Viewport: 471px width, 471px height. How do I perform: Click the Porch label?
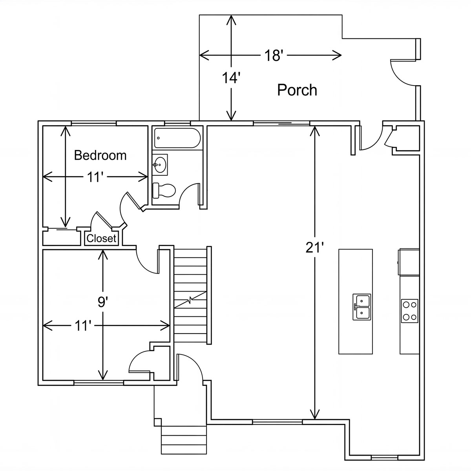pos(297,90)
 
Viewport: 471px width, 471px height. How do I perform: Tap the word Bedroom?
pos(100,155)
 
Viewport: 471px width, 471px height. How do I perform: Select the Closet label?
pos(101,238)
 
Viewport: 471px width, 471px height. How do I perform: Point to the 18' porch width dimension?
pos(274,55)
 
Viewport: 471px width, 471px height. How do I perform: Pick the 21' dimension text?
pos(314,248)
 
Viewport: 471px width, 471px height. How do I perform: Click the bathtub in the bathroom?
pos(177,138)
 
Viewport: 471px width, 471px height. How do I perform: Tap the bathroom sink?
pos(160,165)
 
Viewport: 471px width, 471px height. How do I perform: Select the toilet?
pos(164,190)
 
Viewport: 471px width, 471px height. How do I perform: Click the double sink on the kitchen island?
pos(361,307)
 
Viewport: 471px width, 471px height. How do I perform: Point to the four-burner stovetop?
pos(410,311)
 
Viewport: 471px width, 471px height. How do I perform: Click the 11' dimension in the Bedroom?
pos(94,177)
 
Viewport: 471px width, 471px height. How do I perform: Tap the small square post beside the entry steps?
pos(158,422)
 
